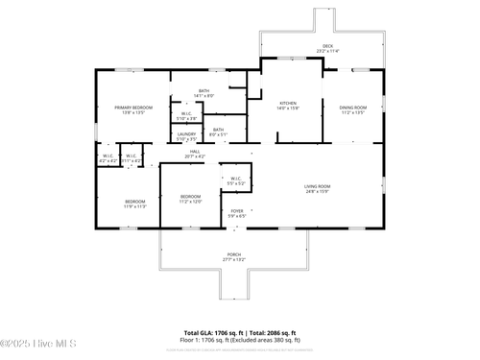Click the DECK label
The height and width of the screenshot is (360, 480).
point(328,46)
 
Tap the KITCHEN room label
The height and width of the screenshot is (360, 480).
point(288,103)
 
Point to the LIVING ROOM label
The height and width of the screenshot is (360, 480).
point(318,185)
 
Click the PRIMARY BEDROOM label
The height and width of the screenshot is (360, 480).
point(129,108)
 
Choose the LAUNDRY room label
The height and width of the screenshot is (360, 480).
point(186,134)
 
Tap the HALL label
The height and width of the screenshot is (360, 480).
point(194,152)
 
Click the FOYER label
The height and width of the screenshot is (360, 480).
point(237,211)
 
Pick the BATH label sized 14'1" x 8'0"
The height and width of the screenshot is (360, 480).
point(204,91)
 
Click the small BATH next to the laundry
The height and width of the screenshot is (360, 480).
point(219,131)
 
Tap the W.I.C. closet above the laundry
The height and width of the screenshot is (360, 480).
point(188,114)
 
